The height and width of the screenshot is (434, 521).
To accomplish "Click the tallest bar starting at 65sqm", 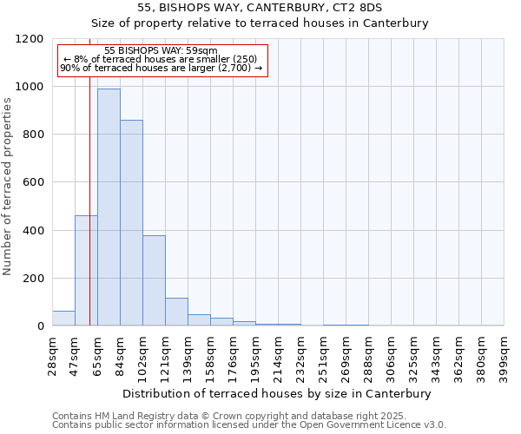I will click(109, 207).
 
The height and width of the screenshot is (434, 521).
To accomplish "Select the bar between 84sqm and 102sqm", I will click(131, 223).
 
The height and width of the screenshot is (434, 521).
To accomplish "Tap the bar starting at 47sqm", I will click(86, 271).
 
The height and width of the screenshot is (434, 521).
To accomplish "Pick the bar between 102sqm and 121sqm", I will click(154, 280).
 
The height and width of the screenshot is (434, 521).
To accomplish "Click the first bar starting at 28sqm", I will click(63, 319).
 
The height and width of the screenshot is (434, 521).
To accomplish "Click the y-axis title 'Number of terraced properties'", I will click(8, 187).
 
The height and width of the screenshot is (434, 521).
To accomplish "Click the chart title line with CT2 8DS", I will click(260, 7).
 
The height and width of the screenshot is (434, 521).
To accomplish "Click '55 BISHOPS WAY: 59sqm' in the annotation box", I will click(161, 51).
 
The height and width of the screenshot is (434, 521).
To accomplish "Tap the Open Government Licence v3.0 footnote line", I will click(249, 425).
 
